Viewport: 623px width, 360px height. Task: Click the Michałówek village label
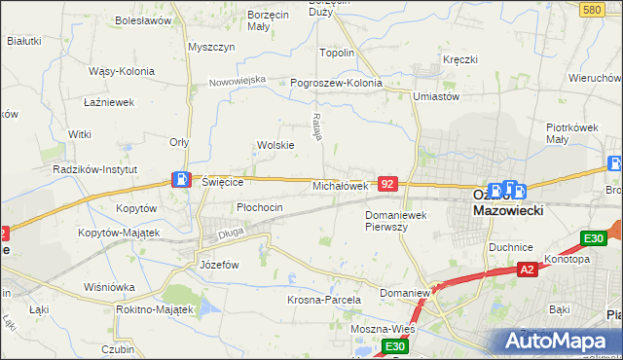click(340, 185)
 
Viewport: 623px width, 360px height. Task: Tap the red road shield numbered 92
click(387, 183)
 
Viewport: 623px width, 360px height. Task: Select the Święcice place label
click(221, 181)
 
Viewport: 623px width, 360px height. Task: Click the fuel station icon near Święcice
click(181, 179)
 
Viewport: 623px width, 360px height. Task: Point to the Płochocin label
click(260, 207)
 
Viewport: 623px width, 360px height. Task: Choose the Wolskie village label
click(275, 145)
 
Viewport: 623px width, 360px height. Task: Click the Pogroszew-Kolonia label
click(336, 83)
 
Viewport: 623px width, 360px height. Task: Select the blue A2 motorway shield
click(527, 270)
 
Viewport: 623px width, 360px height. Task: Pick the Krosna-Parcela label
click(324, 300)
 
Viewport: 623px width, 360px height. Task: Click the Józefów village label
click(219, 264)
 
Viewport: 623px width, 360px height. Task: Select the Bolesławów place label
click(143, 19)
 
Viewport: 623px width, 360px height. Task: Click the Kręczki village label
click(459, 59)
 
